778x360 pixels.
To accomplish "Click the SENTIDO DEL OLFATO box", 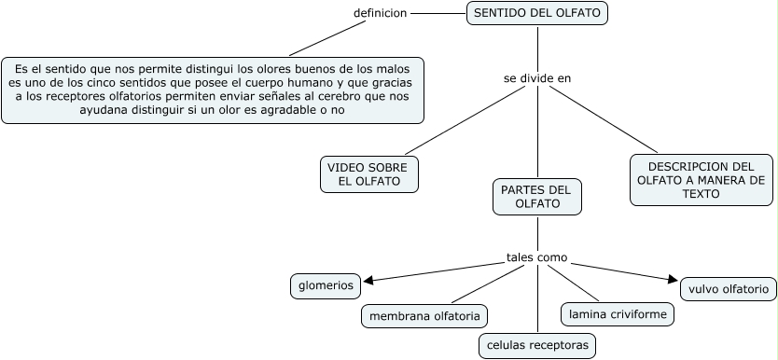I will tap(537, 13).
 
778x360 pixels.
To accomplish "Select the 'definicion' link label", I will tap(380, 13).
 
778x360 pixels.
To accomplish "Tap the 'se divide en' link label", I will tap(536, 78).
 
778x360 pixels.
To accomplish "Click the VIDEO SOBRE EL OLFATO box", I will tap(368, 174).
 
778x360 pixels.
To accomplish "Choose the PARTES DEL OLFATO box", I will tap(536, 197).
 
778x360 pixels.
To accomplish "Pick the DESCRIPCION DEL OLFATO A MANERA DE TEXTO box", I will tap(702, 180).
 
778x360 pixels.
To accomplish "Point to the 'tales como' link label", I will tap(536, 257).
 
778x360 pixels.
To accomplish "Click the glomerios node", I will tap(326, 285).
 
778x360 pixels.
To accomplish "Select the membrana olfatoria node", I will tap(424, 316).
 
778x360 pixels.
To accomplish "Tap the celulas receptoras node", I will tap(537, 345).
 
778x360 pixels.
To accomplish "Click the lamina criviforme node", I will tap(617, 314).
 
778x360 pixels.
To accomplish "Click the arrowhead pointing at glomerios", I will tap(368, 280).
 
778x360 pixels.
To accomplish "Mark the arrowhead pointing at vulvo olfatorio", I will tap(673, 278).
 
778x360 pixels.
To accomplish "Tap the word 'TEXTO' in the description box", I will tap(702, 194).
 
